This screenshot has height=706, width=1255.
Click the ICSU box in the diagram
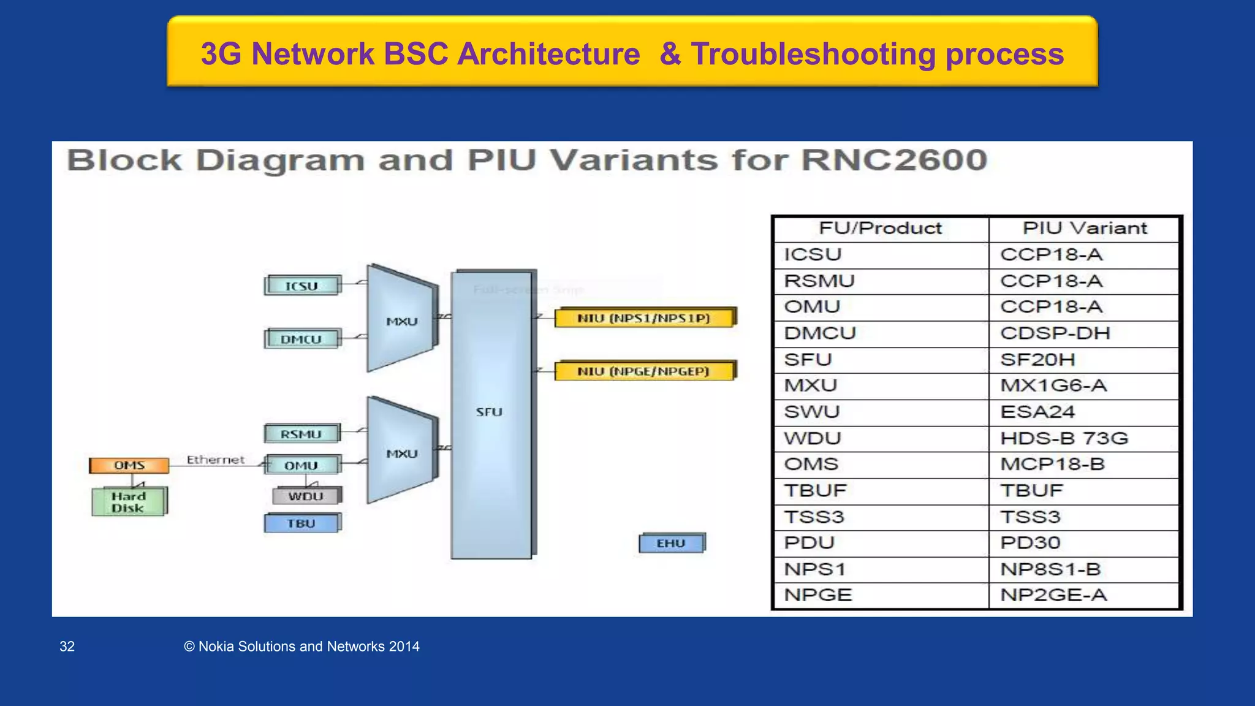301,286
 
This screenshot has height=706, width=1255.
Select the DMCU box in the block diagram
301,339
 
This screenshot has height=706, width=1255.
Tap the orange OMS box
129,466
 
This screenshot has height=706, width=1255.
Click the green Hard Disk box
129,502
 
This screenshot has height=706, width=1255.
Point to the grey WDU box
306,496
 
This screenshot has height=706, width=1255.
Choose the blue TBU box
301,523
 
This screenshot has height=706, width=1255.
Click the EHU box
671,543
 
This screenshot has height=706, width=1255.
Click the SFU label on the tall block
489,412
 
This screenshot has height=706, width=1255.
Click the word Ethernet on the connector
215,460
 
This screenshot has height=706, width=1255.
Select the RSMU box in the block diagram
301,434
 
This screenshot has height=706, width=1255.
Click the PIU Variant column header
1084,229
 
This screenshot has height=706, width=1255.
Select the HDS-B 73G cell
1064,438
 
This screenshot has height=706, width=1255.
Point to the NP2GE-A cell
1053,595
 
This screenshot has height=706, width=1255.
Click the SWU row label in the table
813,412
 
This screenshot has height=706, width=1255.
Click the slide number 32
67,647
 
